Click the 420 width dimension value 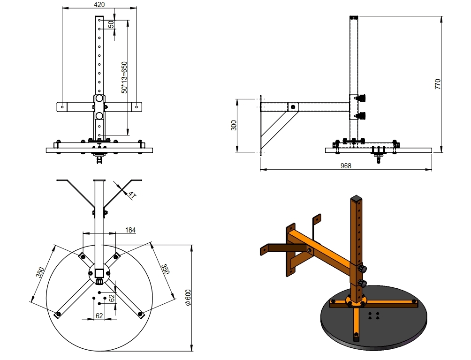pos(99,4)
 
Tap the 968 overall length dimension pos(346,165)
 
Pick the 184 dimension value pos(130,230)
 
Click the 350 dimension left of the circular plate pos(41,273)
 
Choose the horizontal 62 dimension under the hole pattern pos(99,315)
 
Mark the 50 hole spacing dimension pos(111,24)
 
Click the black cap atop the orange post pos(355,198)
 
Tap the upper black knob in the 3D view pos(363,269)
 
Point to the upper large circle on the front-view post pos(99,99)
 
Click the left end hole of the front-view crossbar pos(62,107)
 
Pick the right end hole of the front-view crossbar pos(136,107)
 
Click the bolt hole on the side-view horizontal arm pos(293,107)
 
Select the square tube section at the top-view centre pos(99,272)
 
